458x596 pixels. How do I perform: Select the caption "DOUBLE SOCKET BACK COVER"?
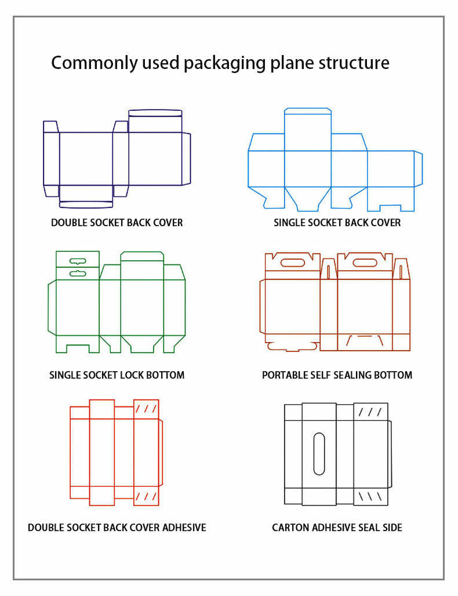click(117, 223)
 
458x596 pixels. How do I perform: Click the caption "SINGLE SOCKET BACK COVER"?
click(337, 223)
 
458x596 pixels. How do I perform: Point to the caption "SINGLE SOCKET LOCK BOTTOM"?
click(117, 375)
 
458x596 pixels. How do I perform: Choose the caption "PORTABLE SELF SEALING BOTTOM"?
click(337, 375)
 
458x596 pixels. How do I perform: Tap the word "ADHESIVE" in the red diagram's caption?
click(184, 528)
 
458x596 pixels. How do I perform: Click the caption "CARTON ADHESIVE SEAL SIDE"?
click(337, 528)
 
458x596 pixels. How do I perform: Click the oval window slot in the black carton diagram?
click(319, 453)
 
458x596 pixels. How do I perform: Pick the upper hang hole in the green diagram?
click(78, 261)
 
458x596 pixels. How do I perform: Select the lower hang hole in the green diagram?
click(78, 272)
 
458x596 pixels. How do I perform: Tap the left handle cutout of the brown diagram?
click(292, 263)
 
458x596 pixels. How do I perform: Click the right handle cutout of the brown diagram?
click(365, 263)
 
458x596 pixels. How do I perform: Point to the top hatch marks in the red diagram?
click(146, 409)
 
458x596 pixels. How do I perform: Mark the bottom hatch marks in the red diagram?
click(146, 496)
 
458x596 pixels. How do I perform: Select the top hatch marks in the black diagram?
click(370, 412)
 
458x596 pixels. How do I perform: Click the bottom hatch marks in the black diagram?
click(370, 496)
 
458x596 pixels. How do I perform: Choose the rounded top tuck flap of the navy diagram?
click(155, 113)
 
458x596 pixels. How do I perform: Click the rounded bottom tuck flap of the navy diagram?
click(86, 204)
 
